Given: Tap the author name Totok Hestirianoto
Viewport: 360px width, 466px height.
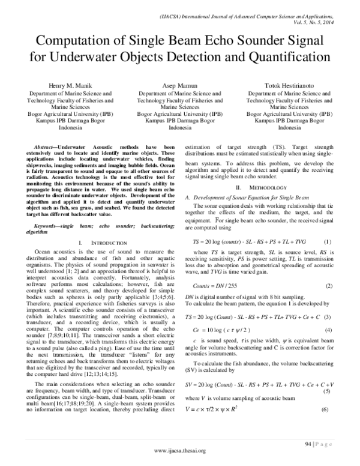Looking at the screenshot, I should pyautogui.click(x=286, y=86).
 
